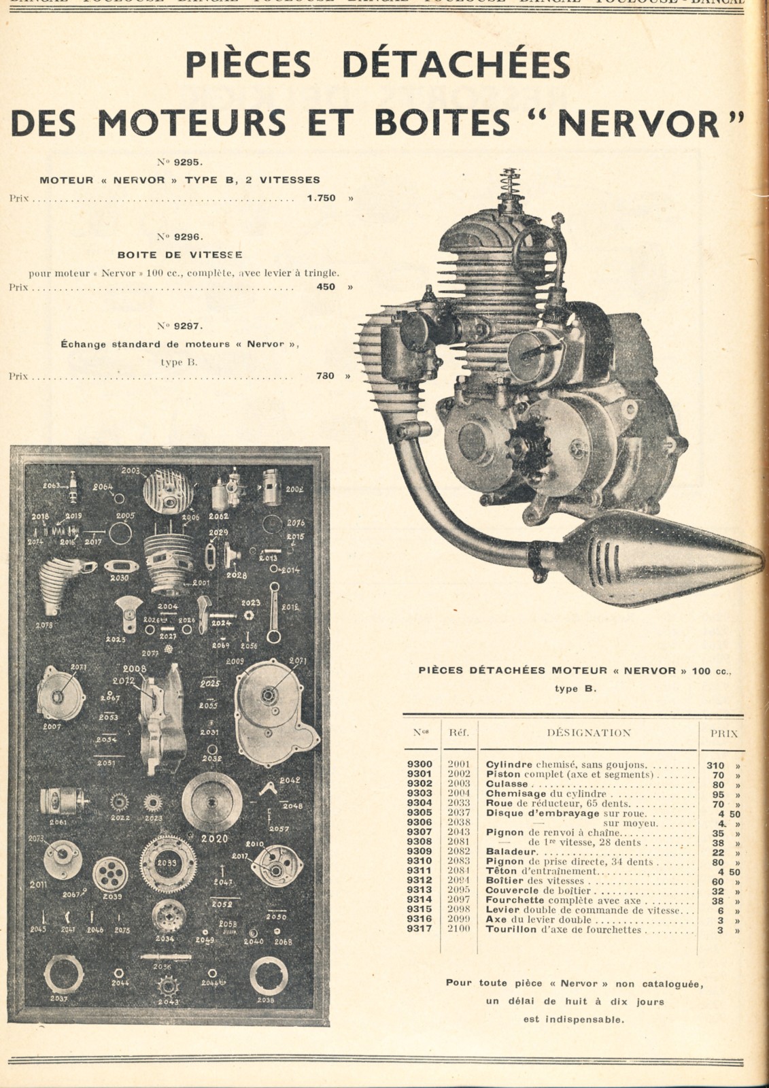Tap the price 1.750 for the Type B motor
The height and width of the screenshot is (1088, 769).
[x=321, y=199]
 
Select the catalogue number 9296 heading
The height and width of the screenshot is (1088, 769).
[x=180, y=237]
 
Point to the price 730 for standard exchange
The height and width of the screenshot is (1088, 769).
[x=325, y=375]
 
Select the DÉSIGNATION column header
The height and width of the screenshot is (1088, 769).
[x=589, y=733]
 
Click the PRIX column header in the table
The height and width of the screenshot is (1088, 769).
[x=723, y=734]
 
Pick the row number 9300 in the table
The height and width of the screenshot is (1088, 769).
[x=420, y=765]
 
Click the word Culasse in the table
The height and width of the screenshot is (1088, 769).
[x=507, y=784]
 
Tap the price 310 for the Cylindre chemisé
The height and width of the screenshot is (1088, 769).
[x=715, y=765]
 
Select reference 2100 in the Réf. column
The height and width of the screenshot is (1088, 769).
[x=458, y=929]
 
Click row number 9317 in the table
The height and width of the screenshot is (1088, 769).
[x=420, y=929]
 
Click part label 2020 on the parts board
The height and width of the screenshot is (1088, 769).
[x=214, y=838]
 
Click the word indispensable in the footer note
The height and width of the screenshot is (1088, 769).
[x=573, y=1019]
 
